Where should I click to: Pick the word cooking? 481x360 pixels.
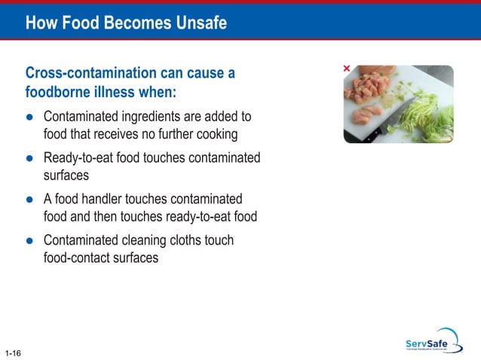215,135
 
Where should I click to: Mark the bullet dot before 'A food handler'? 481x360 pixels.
29,200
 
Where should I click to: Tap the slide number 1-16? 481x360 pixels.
11,352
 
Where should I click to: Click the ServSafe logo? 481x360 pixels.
432,342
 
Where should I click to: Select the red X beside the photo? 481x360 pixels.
347,69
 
